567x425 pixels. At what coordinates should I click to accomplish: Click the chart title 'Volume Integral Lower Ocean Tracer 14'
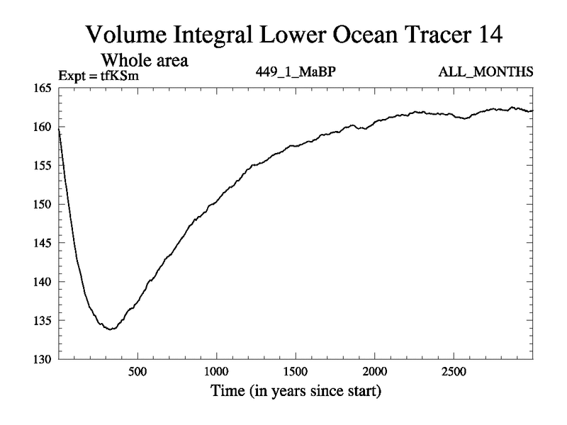click(296, 34)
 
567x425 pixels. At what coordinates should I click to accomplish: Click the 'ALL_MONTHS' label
click(486, 72)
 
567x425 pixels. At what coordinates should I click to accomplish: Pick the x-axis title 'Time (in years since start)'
click(295, 390)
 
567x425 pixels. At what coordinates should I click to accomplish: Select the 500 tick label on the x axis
click(137, 372)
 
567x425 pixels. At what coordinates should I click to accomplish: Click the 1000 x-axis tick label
click(216, 372)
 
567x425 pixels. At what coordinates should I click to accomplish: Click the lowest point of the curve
click(111, 329)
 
